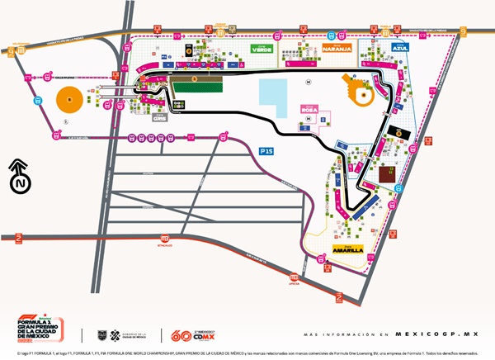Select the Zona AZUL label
402,48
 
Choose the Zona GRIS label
161,116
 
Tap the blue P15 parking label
266,151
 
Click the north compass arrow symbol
19,176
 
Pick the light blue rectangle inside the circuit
273,92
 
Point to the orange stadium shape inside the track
361,90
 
